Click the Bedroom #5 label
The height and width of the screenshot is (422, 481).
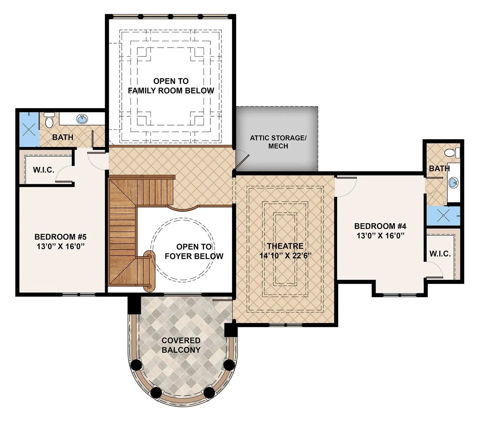coord(60,236)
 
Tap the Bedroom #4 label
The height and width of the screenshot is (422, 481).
coord(380,226)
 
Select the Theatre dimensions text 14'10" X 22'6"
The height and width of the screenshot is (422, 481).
coord(285,255)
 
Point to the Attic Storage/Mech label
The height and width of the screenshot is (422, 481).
coord(278,142)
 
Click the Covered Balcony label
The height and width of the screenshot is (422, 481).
coord(181,345)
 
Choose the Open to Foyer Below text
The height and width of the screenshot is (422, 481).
coord(194,251)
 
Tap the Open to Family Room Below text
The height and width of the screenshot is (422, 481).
coord(171,86)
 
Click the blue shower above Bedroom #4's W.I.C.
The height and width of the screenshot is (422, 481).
coord(443,216)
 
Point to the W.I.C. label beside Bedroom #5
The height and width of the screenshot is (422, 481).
coord(43,170)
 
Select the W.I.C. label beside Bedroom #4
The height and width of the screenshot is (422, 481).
coord(440,254)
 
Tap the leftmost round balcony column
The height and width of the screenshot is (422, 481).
coord(136,365)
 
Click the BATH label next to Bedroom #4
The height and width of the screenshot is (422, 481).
coord(439,168)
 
